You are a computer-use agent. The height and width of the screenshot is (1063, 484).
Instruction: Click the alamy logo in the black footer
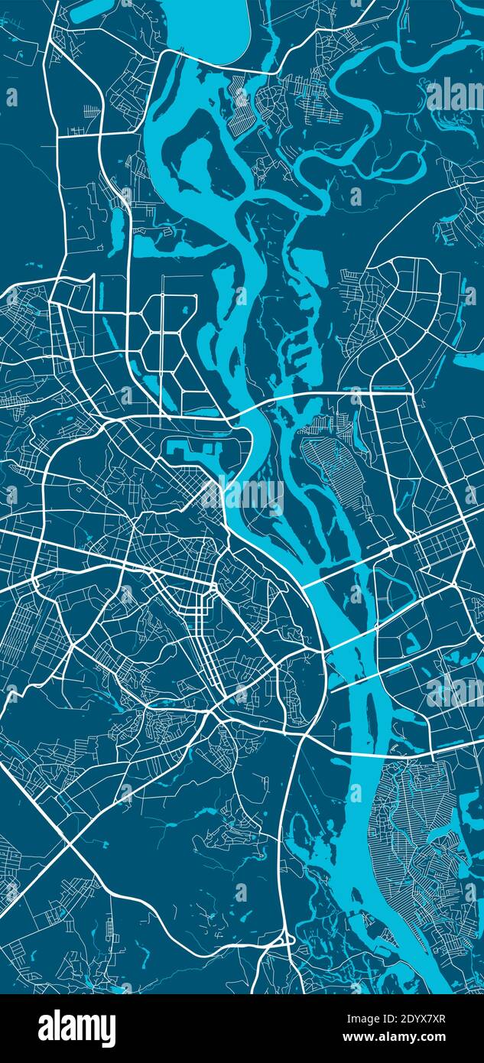(76, 1028)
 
